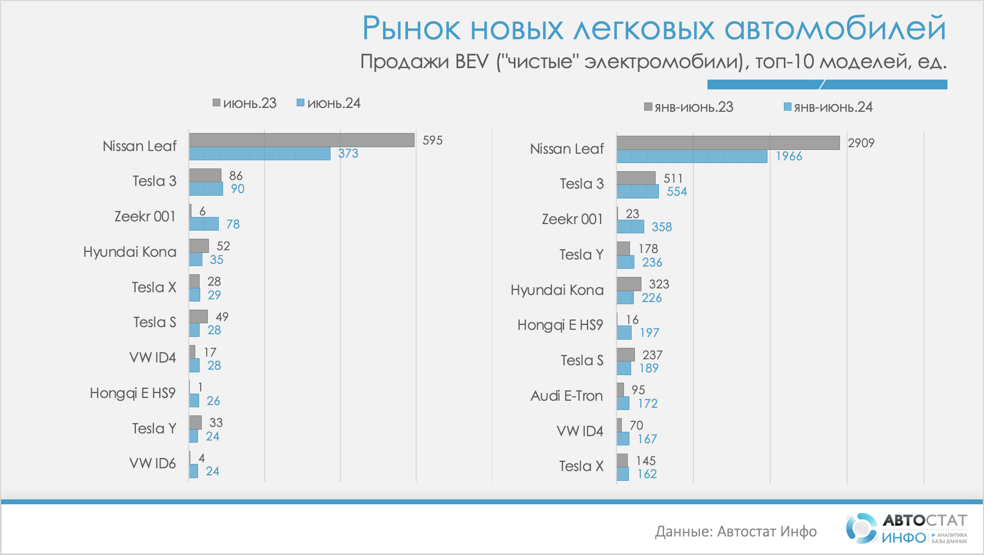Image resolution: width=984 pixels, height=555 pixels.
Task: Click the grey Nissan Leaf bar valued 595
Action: (x=302, y=140)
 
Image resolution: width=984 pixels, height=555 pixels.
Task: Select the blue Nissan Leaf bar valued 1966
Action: (x=692, y=156)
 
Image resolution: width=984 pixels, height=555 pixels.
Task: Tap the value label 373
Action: (x=348, y=154)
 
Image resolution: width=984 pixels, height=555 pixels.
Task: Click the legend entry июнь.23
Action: (x=245, y=103)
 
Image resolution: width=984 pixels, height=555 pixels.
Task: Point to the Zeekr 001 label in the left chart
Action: (x=145, y=216)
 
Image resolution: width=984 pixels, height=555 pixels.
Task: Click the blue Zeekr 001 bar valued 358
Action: (x=630, y=227)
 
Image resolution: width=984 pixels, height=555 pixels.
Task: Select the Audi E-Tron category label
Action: (x=567, y=396)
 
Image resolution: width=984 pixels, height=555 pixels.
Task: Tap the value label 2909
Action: (x=861, y=143)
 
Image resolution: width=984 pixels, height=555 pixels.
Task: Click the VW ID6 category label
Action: (x=153, y=463)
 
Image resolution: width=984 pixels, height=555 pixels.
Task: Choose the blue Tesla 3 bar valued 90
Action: (x=206, y=189)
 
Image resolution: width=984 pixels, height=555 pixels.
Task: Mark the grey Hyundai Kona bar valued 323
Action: (x=629, y=284)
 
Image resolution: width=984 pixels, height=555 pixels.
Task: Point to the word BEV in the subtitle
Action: (x=472, y=62)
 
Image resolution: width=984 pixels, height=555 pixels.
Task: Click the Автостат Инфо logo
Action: (x=906, y=528)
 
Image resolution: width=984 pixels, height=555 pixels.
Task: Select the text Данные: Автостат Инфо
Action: (x=735, y=532)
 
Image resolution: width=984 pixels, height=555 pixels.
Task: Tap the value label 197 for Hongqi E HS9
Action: (x=649, y=333)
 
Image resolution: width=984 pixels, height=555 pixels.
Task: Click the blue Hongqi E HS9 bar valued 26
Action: (x=194, y=401)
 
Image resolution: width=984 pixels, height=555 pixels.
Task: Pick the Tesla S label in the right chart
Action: (x=582, y=360)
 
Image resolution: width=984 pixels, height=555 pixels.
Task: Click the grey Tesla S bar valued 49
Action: (x=198, y=316)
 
